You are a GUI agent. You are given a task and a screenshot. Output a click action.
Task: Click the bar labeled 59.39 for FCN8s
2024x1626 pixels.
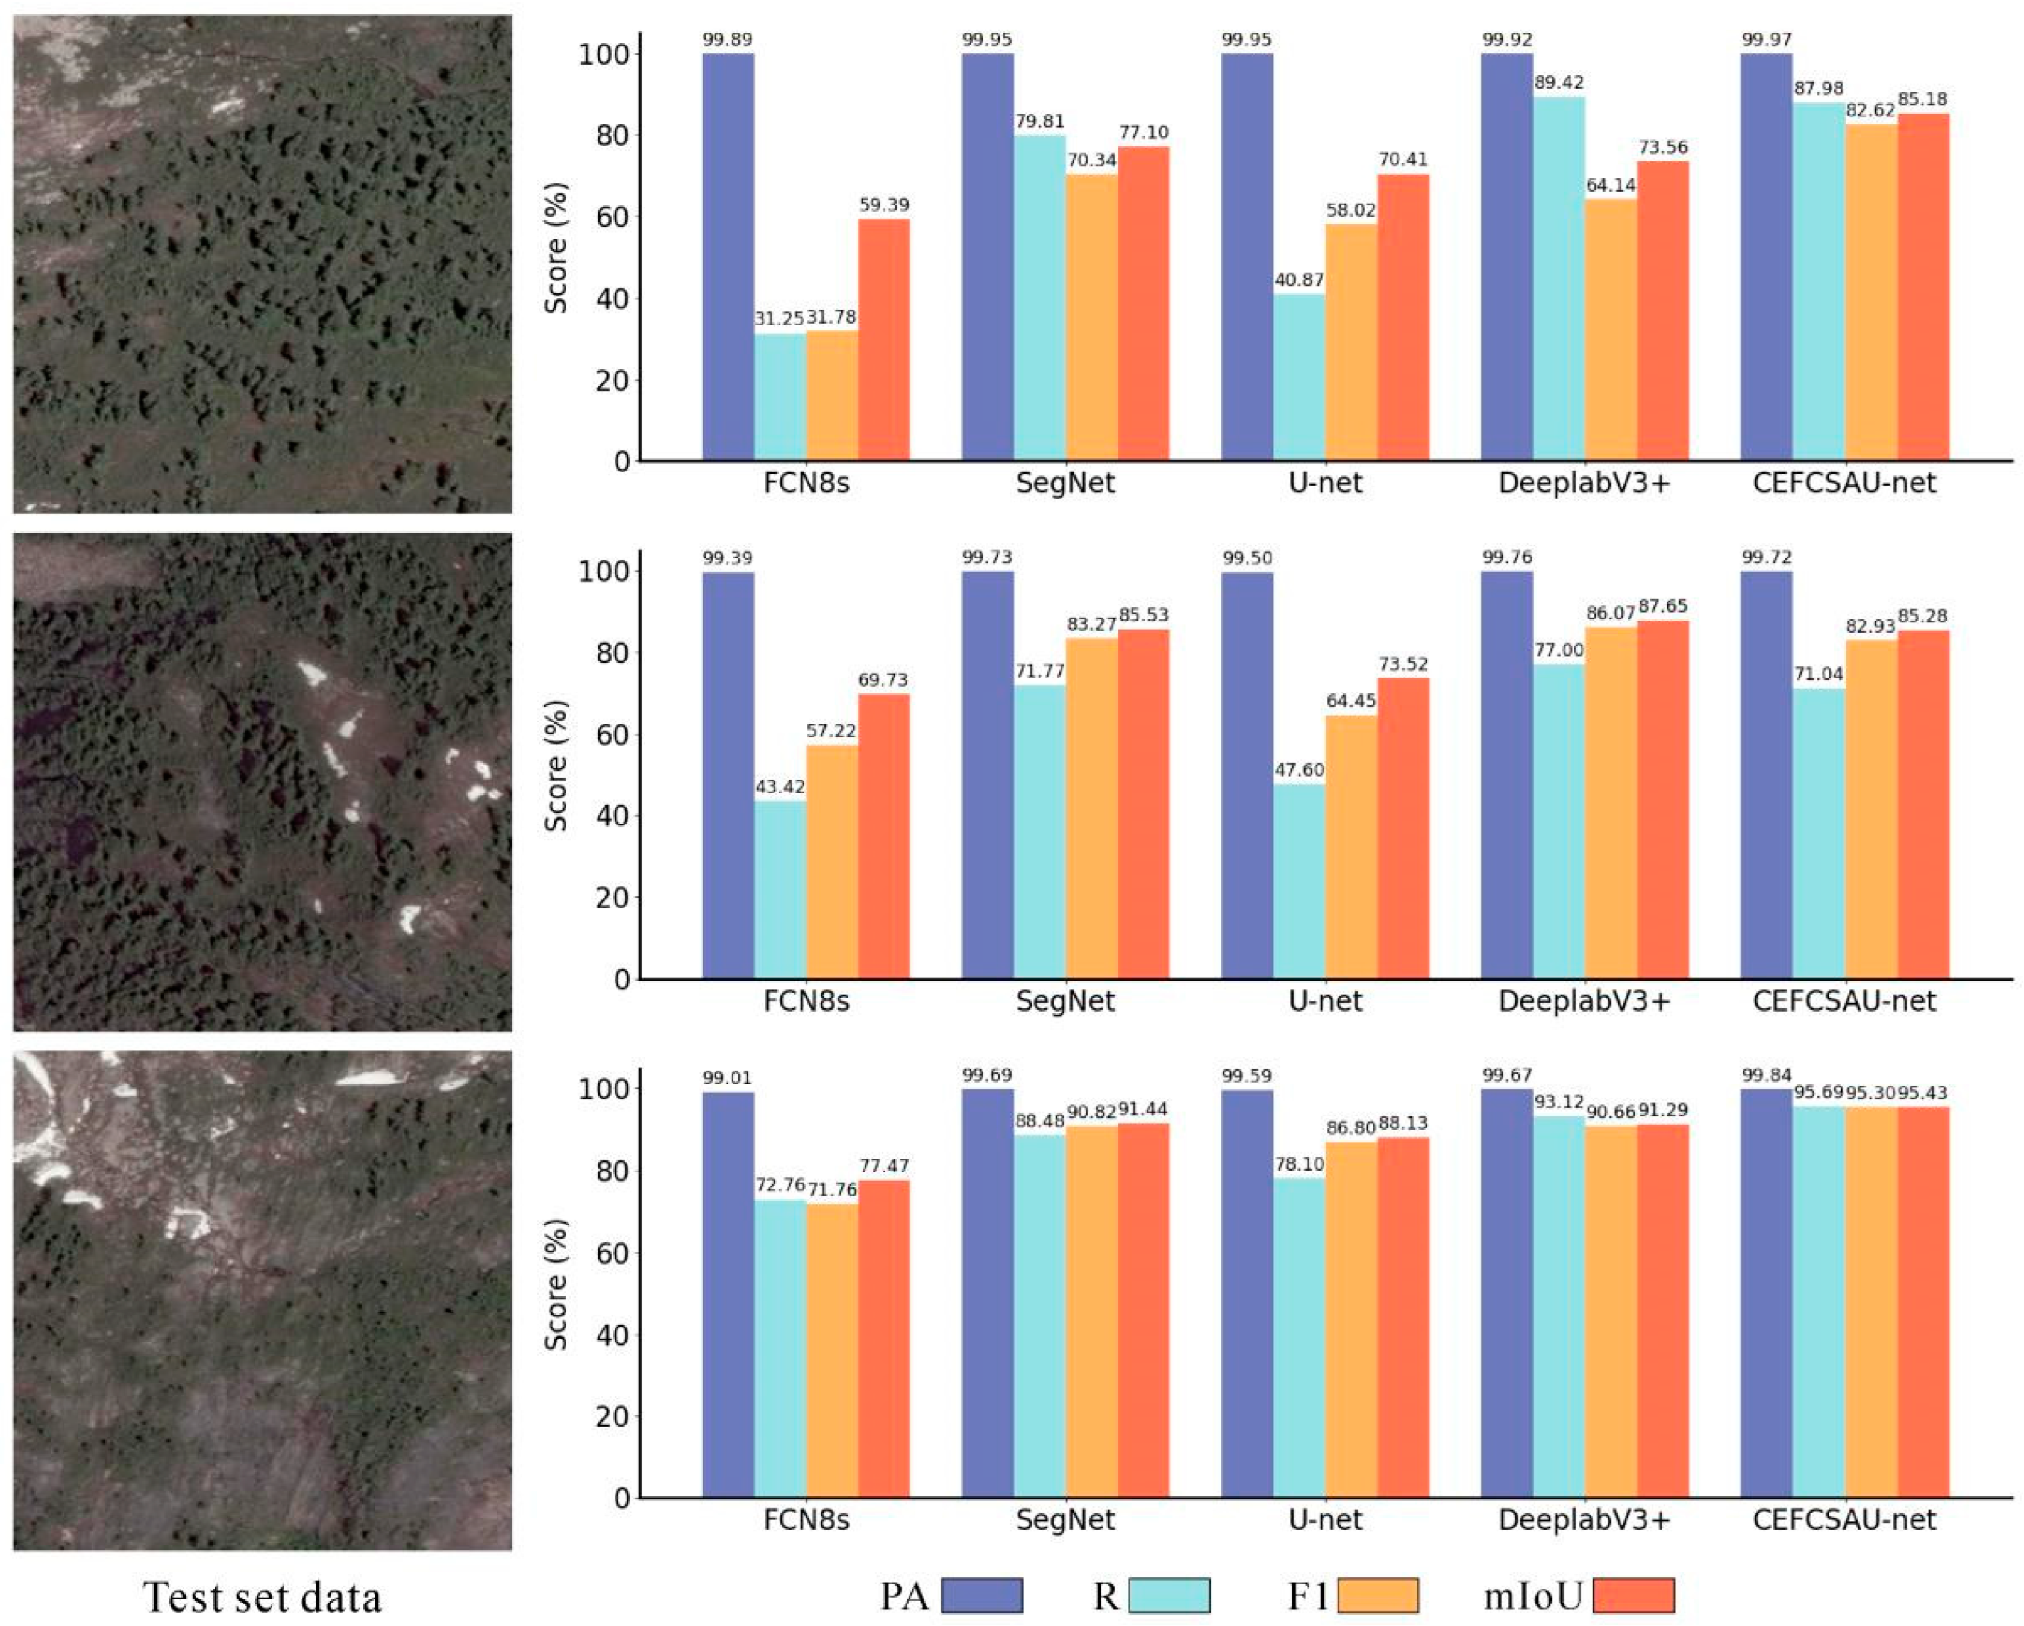[883, 340]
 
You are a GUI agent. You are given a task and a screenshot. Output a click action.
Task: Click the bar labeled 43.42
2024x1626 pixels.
[780, 889]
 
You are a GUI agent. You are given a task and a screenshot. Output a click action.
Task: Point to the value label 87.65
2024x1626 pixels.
[1662, 607]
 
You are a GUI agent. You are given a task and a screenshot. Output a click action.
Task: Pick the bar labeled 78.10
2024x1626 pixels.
[1299, 1338]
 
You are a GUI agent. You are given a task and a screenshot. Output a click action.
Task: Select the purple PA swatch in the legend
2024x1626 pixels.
[982, 1595]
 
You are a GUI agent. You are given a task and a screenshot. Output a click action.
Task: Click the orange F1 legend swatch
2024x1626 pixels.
[1377, 1595]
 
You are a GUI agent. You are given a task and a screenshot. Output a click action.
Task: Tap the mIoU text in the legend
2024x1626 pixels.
[1533, 1595]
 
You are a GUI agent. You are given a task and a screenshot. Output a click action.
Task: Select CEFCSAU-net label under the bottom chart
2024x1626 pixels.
[1844, 1520]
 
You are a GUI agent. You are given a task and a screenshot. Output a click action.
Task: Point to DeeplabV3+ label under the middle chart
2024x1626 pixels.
[1585, 1001]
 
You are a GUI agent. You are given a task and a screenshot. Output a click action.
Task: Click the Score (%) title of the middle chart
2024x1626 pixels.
[556, 765]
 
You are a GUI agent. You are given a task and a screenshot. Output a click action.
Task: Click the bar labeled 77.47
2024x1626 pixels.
[883, 1339]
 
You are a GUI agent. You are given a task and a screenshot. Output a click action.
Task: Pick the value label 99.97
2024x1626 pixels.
[1766, 39]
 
